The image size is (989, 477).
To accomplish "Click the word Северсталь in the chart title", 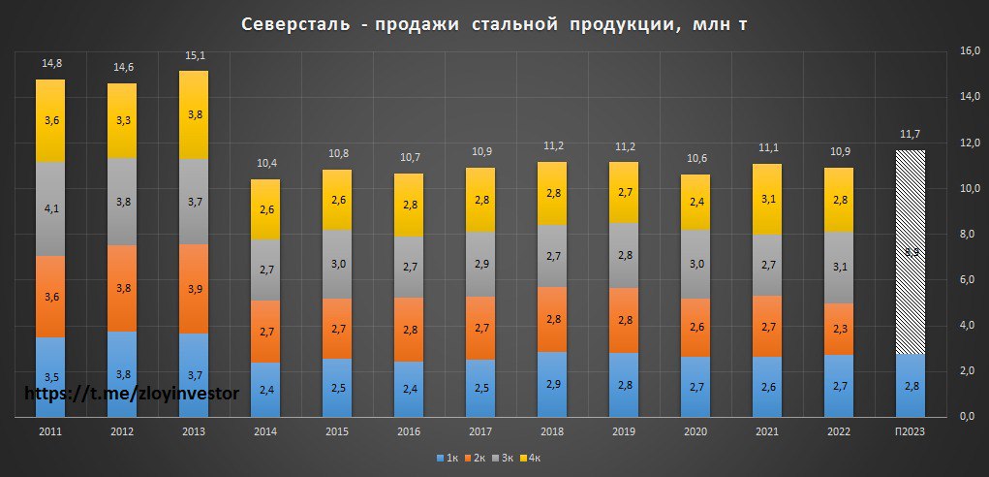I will (x=294, y=24).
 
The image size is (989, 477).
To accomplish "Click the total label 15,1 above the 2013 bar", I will (x=194, y=56).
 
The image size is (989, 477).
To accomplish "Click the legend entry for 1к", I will (x=448, y=456).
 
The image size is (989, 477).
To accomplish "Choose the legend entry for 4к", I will (x=534, y=456).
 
